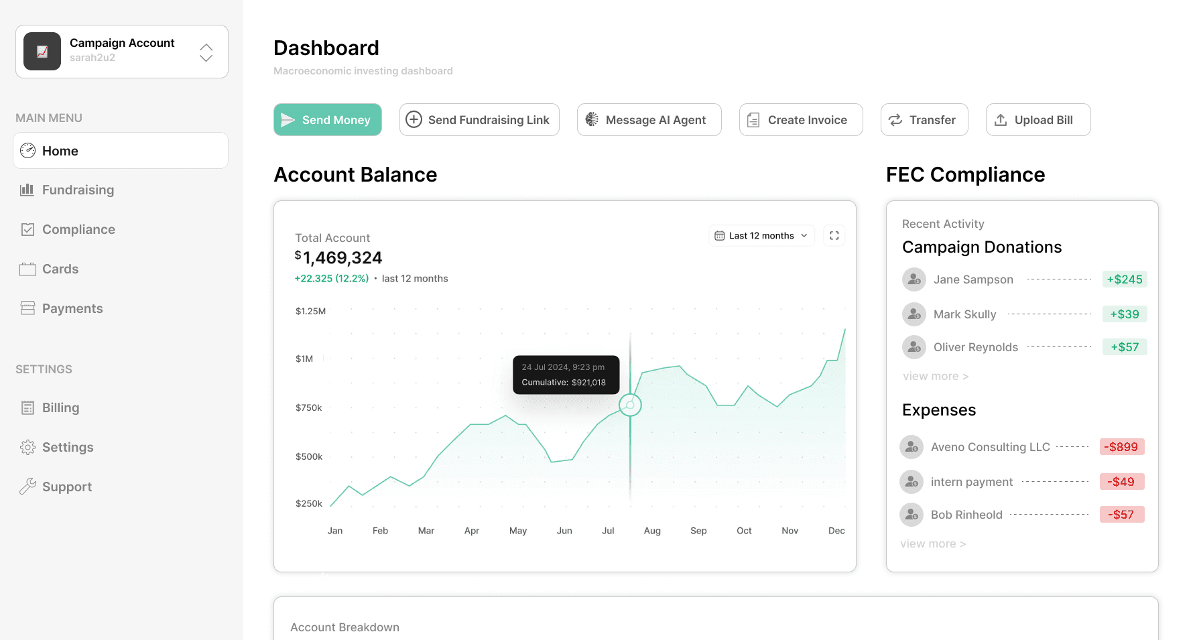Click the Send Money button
point(328,120)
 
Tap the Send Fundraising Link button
point(479,120)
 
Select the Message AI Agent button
point(649,120)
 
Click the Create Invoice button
point(800,120)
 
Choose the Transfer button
point(924,120)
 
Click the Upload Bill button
point(1038,120)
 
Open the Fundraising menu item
point(78,190)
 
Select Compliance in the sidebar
point(78,230)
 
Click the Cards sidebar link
point(60,269)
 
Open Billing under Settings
point(60,408)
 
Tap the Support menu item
point(66,487)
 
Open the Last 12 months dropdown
point(761,236)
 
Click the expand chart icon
point(834,236)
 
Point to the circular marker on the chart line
point(630,405)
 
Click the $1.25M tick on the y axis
point(310,312)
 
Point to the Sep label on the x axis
point(698,531)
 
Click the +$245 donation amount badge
point(1124,279)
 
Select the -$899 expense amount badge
point(1121,447)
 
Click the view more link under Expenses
point(933,544)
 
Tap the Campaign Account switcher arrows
point(206,52)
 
